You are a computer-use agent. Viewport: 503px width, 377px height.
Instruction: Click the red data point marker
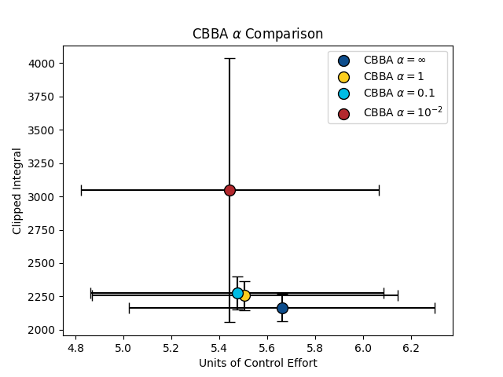[229, 190]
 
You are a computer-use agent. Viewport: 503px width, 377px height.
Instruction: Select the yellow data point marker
[244, 295]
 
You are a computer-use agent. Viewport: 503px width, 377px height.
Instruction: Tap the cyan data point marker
[237, 293]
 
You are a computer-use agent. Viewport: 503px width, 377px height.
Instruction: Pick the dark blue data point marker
[282, 308]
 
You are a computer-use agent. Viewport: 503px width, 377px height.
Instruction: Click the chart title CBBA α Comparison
[258, 35]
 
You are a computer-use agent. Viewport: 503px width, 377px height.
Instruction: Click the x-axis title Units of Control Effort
[258, 363]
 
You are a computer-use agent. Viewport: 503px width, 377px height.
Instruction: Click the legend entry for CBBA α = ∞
[393, 60]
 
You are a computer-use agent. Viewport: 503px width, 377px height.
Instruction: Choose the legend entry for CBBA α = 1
[393, 77]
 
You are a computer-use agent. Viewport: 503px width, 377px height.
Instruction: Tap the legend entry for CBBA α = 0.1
[393, 93]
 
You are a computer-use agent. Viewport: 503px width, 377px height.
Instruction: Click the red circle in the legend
[343, 114]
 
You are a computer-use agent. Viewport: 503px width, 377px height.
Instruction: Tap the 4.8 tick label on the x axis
[75, 346]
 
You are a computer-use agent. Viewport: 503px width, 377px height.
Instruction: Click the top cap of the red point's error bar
[229, 58]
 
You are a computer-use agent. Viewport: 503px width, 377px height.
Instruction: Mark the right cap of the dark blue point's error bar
[435, 308]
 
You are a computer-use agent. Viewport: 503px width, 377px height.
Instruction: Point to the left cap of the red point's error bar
[81, 190]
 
